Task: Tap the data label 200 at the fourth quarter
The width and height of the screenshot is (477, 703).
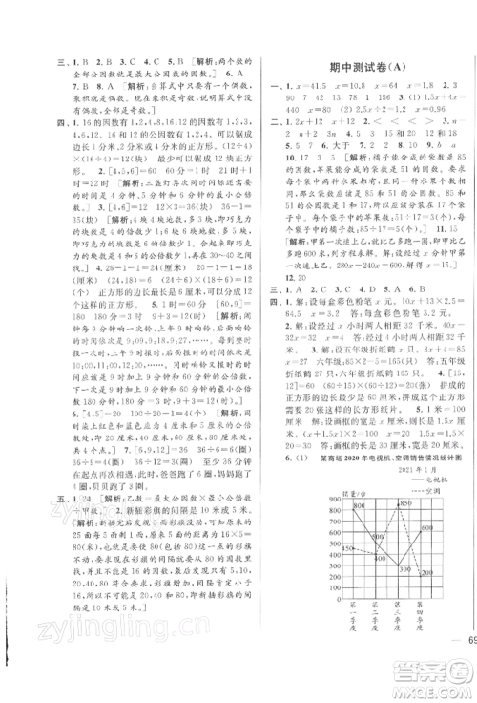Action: click(427, 571)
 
